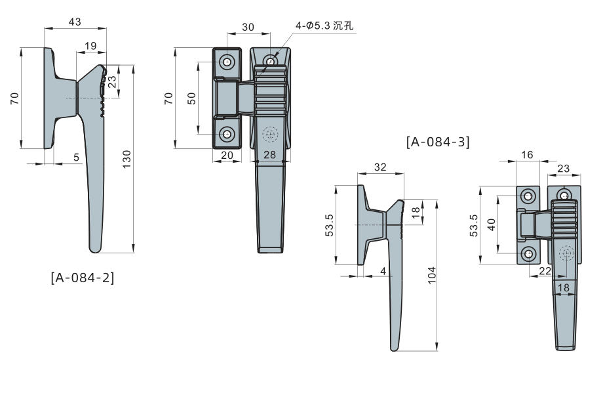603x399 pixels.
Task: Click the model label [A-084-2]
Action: tap(83, 278)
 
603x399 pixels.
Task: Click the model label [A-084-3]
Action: tap(438, 142)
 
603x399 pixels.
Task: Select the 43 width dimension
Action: tap(75, 22)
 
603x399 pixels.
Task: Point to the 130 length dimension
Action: tap(126, 159)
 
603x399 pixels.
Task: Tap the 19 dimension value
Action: tap(90, 46)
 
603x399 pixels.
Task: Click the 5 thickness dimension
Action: tap(76, 157)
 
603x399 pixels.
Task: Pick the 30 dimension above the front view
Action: tap(248, 27)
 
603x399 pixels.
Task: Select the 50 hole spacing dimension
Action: tap(191, 98)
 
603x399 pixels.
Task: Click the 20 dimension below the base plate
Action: tap(227, 155)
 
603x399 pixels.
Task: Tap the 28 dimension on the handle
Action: tap(269, 154)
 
